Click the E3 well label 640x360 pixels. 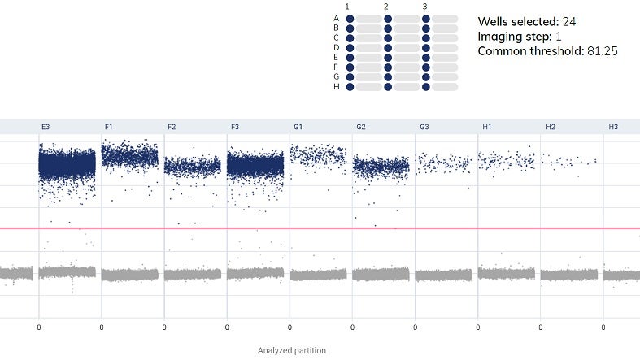click(x=46, y=127)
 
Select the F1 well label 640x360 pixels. click(x=109, y=127)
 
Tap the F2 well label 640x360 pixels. click(x=172, y=127)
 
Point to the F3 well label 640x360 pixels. click(x=235, y=127)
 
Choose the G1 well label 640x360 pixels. click(x=298, y=127)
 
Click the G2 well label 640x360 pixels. click(x=361, y=127)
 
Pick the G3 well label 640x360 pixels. click(x=424, y=127)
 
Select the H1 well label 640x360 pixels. click(x=486, y=127)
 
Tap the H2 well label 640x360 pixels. click(x=550, y=127)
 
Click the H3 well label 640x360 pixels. click(x=613, y=127)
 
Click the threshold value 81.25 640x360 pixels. click(x=601, y=51)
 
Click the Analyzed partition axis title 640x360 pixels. click(x=291, y=350)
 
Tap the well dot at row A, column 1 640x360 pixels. click(x=350, y=18)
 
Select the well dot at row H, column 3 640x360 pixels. click(x=426, y=86)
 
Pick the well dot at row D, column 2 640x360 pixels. click(x=388, y=47)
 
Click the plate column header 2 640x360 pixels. click(x=386, y=7)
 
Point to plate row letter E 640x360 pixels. click(x=337, y=57)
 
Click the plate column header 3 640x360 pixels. click(x=424, y=7)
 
